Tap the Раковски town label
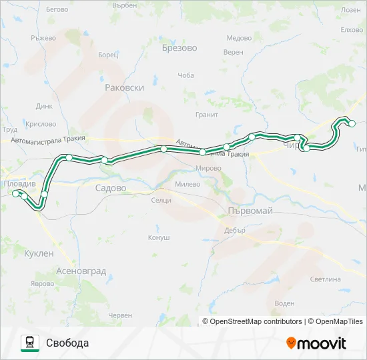(x=125, y=87)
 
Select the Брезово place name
(x=179, y=48)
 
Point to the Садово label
(x=111, y=189)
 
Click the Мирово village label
(x=209, y=168)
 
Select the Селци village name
(x=161, y=200)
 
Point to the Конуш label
(x=158, y=237)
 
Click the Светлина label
(x=326, y=279)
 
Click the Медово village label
(x=238, y=38)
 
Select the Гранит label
(x=207, y=115)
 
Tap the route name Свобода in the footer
(x=67, y=343)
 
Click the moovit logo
(x=316, y=343)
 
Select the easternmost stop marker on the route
(x=352, y=123)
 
